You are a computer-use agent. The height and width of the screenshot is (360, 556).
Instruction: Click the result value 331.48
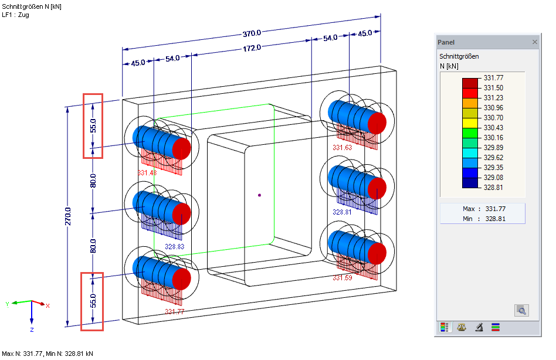tap(147, 173)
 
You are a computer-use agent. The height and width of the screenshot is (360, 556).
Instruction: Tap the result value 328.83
tap(174, 247)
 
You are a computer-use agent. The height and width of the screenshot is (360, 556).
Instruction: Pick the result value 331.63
tap(342, 148)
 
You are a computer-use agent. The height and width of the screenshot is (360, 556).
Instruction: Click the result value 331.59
tap(342, 278)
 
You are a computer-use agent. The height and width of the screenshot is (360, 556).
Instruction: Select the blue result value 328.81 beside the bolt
tap(342, 212)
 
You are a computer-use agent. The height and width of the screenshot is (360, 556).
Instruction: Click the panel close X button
tap(534, 42)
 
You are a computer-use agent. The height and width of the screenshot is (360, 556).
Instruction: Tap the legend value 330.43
tap(493, 128)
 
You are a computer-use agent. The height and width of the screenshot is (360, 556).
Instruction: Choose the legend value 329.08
tap(493, 178)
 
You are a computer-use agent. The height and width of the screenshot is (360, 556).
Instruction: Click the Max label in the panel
tap(468, 209)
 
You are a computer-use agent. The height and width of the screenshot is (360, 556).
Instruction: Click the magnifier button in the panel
tap(521, 310)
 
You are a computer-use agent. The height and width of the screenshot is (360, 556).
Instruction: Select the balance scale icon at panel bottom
tap(462, 328)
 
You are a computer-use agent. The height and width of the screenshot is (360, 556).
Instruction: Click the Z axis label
tap(32, 330)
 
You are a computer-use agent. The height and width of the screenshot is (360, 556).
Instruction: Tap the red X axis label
tap(48, 305)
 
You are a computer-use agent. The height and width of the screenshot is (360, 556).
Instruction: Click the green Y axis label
tap(7, 304)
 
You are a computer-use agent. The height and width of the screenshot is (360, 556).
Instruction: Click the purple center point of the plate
tap(259, 195)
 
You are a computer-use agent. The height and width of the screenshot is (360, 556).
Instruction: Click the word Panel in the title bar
tap(446, 42)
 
